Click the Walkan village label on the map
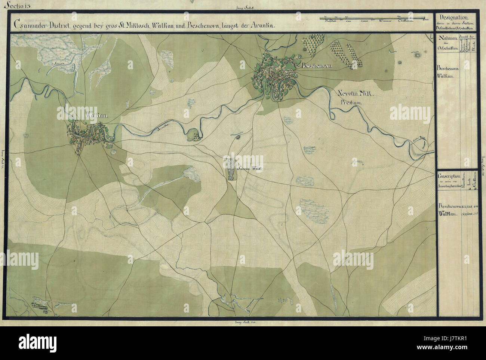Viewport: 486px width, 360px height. tap(96, 116)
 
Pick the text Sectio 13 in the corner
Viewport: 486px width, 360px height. tap(11, 4)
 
